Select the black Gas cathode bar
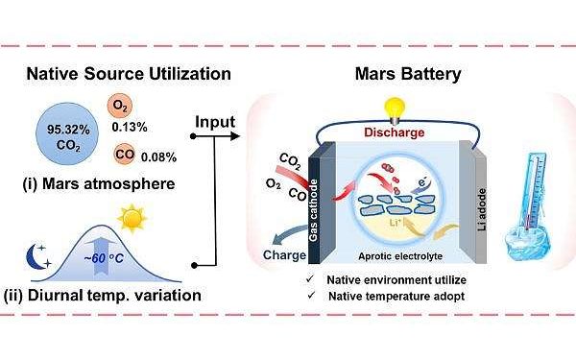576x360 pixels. coord(314,202)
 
